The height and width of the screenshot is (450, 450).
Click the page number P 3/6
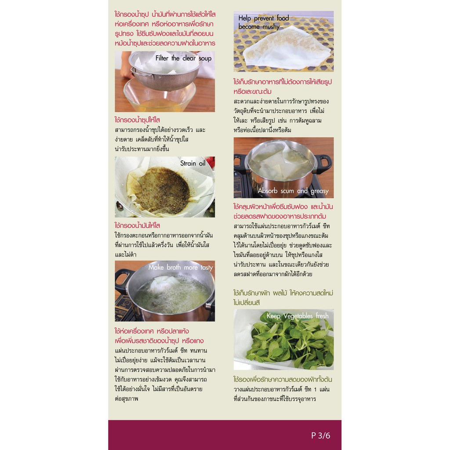[x=320, y=435]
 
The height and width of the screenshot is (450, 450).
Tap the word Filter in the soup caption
[x=162, y=58]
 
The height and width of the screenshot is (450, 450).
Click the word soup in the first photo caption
[x=205, y=59]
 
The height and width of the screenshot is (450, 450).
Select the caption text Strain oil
[x=193, y=163]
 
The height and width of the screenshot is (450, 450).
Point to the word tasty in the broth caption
[x=207, y=268]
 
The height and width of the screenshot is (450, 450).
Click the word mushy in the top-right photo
[x=271, y=27]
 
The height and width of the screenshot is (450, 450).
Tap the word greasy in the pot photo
[x=319, y=191]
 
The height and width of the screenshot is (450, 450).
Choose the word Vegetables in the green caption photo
[x=298, y=316]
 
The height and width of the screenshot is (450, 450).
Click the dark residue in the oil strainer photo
[x=162, y=190]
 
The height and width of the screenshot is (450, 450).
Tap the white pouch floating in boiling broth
[x=163, y=284]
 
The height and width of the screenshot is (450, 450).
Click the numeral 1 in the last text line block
[x=315, y=389]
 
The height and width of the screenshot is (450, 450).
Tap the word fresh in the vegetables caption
[x=322, y=316]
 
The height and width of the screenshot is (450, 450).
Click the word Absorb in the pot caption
[x=268, y=191]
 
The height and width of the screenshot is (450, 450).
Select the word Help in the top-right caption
[x=244, y=18]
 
